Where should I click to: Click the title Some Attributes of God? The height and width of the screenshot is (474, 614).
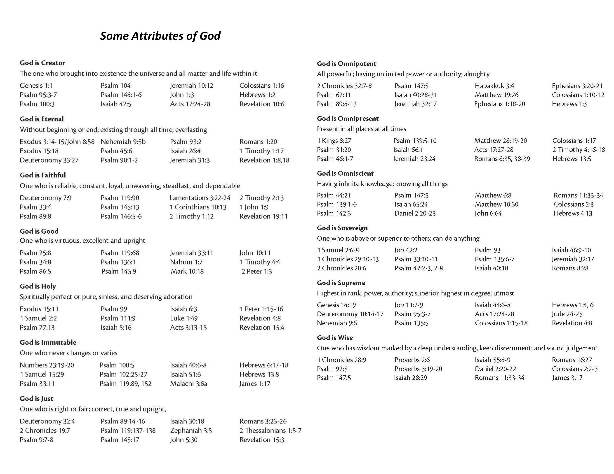(x=160, y=36)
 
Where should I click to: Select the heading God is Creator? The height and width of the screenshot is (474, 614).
(x=42, y=63)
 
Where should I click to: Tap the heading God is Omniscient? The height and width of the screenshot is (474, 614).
(x=345, y=173)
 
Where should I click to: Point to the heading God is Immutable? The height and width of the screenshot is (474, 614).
(x=48, y=342)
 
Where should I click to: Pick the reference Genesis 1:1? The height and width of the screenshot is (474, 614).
(x=36, y=85)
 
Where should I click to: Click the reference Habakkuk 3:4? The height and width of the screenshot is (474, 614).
(x=494, y=86)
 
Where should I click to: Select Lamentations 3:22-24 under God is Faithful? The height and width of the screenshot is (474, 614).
(x=200, y=198)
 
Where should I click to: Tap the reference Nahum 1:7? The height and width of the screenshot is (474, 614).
(x=186, y=262)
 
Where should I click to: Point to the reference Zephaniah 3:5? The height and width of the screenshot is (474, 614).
(x=191, y=430)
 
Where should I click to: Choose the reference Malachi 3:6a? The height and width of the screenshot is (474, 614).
(x=188, y=383)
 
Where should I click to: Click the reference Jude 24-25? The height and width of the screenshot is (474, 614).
(x=567, y=314)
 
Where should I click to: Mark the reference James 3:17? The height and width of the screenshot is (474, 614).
(x=567, y=378)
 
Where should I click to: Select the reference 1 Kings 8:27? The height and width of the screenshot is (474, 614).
(x=334, y=140)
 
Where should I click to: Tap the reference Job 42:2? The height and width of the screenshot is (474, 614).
(x=406, y=250)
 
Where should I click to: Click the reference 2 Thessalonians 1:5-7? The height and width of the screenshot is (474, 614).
(x=270, y=430)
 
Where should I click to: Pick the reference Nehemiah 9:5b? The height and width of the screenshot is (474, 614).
(x=123, y=142)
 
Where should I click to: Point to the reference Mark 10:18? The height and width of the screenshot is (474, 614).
(x=187, y=271)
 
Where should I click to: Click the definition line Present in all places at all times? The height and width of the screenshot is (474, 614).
(x=361, y=129)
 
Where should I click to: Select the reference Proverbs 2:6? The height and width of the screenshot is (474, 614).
(x=412, y=360)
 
